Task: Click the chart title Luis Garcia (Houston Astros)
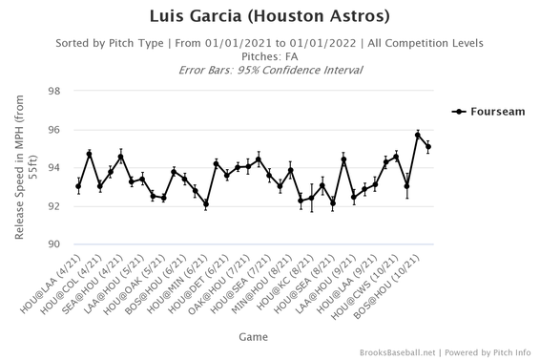(270, 17)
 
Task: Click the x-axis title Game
(254, 335)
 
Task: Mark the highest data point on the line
(418, 135)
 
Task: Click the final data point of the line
(428, 147)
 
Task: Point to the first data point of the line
(79, 186)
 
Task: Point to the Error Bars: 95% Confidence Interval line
(270, 70)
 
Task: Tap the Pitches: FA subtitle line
(270, 56)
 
